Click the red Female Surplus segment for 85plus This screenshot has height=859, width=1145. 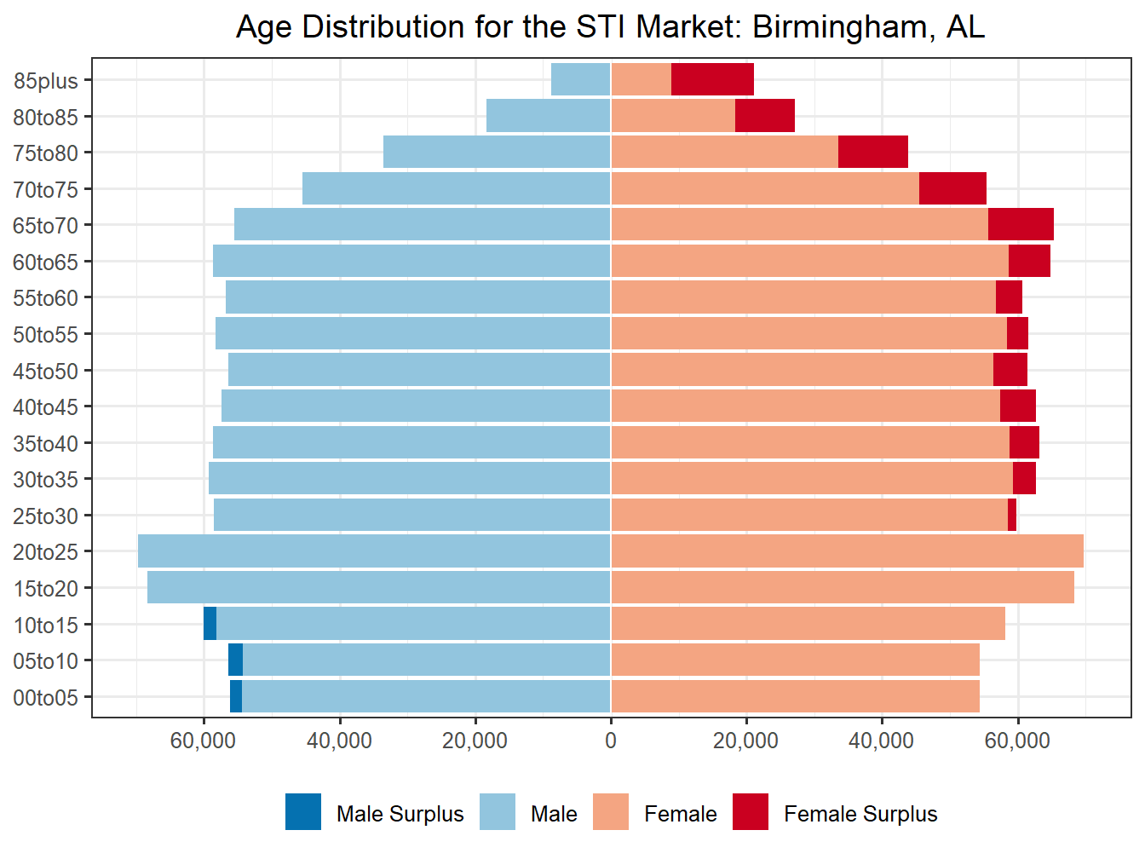click(712, 79)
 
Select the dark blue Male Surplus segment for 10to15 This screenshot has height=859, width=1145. click(210, 624)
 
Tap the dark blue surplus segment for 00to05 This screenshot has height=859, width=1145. click(236, 696)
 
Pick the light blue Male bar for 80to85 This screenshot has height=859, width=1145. click(548, 116)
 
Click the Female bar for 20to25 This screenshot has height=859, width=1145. click(847, 551)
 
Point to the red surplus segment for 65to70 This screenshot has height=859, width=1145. click(1021, 224)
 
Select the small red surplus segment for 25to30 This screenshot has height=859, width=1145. click(1012, 515)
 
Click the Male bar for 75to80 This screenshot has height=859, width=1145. click(497, 152)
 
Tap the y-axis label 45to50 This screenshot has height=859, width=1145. click(46, 372)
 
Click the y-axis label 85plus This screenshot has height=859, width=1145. click(46, 81)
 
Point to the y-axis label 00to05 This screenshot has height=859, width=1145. click(46, 698)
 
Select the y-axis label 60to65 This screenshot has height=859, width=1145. click(46, 262)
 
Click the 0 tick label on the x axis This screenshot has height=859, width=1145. click(611, 741)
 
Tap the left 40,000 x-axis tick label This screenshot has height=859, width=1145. click(339, 741)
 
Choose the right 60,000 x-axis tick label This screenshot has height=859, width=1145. click(1017, 741)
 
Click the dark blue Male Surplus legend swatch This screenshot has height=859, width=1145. click(303, 811)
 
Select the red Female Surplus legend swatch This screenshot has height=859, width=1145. click(751, 811)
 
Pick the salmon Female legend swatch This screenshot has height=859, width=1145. click(611, 811)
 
